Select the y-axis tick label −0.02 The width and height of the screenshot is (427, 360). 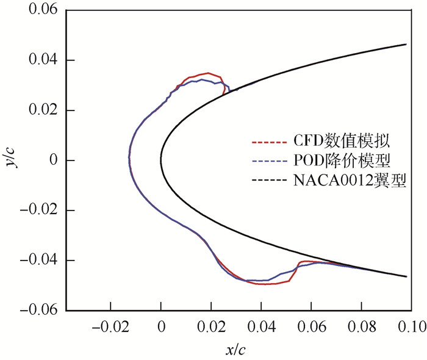pos(39,211)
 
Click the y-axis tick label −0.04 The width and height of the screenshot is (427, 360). pos(39,261)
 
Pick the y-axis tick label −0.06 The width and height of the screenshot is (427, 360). pos(39,311)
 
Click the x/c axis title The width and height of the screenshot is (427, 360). pos(236,350)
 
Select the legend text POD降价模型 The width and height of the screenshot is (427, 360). pos(339,161)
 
